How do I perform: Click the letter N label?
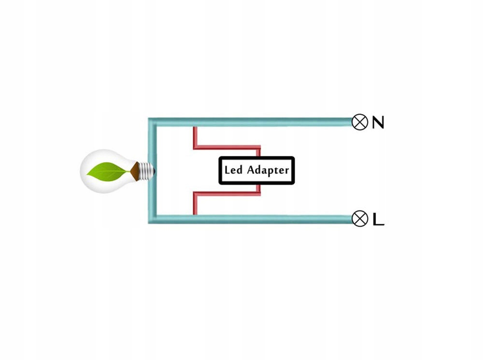pos(378,123)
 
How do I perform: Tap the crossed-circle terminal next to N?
pos(359,122)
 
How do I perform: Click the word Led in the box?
pos(234,171)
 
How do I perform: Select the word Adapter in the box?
pos(268,171)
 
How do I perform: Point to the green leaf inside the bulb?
pos(107,171)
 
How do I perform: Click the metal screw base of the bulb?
pos(147,170)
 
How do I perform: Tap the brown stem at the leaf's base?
pos(134,170)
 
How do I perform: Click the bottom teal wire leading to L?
pos(270,219)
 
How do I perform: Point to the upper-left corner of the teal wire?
pos(152,122)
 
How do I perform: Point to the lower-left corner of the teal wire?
pos(152,219)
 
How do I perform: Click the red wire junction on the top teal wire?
pos(195,128)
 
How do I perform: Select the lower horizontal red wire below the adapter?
pos(227,194)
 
